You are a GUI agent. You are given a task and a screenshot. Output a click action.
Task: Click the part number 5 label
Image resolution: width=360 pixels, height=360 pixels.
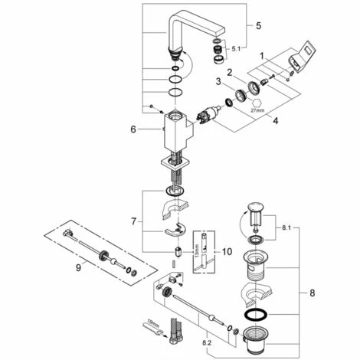coord(258,25)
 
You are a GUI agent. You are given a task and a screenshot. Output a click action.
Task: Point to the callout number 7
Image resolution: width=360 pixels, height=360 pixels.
coord(134,221)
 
